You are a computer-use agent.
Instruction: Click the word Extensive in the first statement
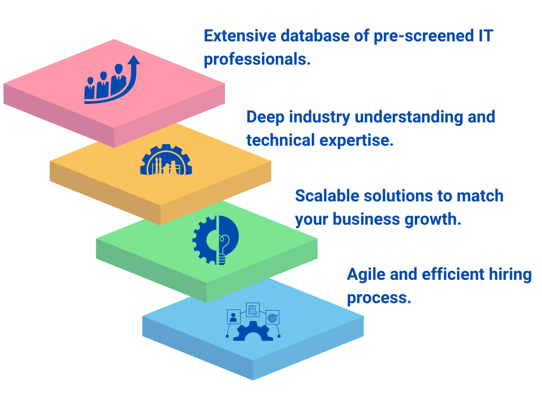coord(240,36)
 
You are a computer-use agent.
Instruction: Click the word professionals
coord(257,59)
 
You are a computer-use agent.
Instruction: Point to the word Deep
coord(266,117)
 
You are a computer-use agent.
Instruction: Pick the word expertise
coord(356,140)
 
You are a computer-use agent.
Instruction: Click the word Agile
coord(366,275)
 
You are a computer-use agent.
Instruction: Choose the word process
coord(379,298)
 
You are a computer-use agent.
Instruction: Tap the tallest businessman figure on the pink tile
coord(119,79)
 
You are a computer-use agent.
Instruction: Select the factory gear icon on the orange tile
coord(166,160)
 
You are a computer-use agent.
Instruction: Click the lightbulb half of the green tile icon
coord(228,240)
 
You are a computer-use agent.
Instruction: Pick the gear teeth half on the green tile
coord(204,240)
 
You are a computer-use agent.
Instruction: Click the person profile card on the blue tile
coord(233,317)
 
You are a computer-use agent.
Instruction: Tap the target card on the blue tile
coord(273,317)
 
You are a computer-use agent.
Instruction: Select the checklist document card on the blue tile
coord(252,309)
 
